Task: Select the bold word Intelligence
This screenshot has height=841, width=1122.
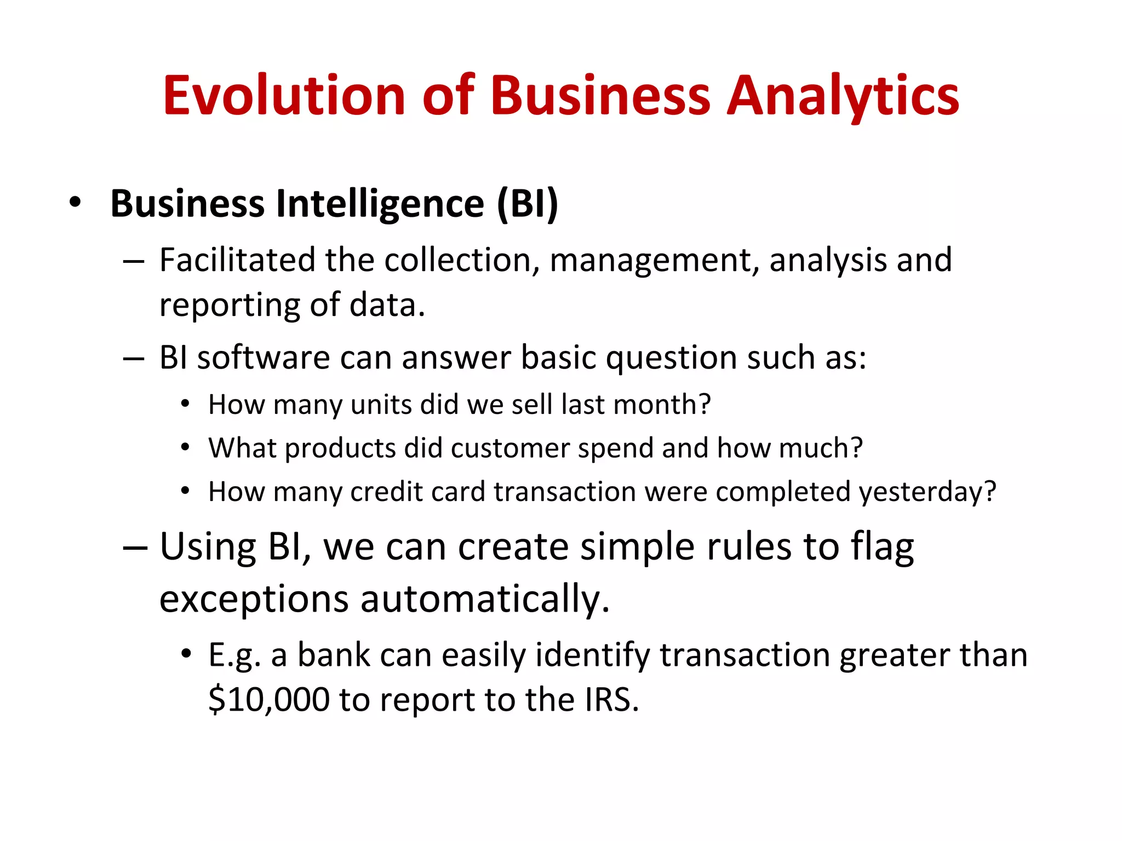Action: pos(380,203)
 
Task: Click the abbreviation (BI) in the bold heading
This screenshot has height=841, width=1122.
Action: pos(527,203)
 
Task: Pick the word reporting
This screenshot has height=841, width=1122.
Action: pos(228,306)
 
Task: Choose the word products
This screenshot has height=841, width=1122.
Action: pos(340,448)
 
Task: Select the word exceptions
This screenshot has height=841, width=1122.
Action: pos(254,600)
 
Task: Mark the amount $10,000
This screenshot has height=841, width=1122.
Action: pos(269,700)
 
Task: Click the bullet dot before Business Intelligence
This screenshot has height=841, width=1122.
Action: pos(75,203)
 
